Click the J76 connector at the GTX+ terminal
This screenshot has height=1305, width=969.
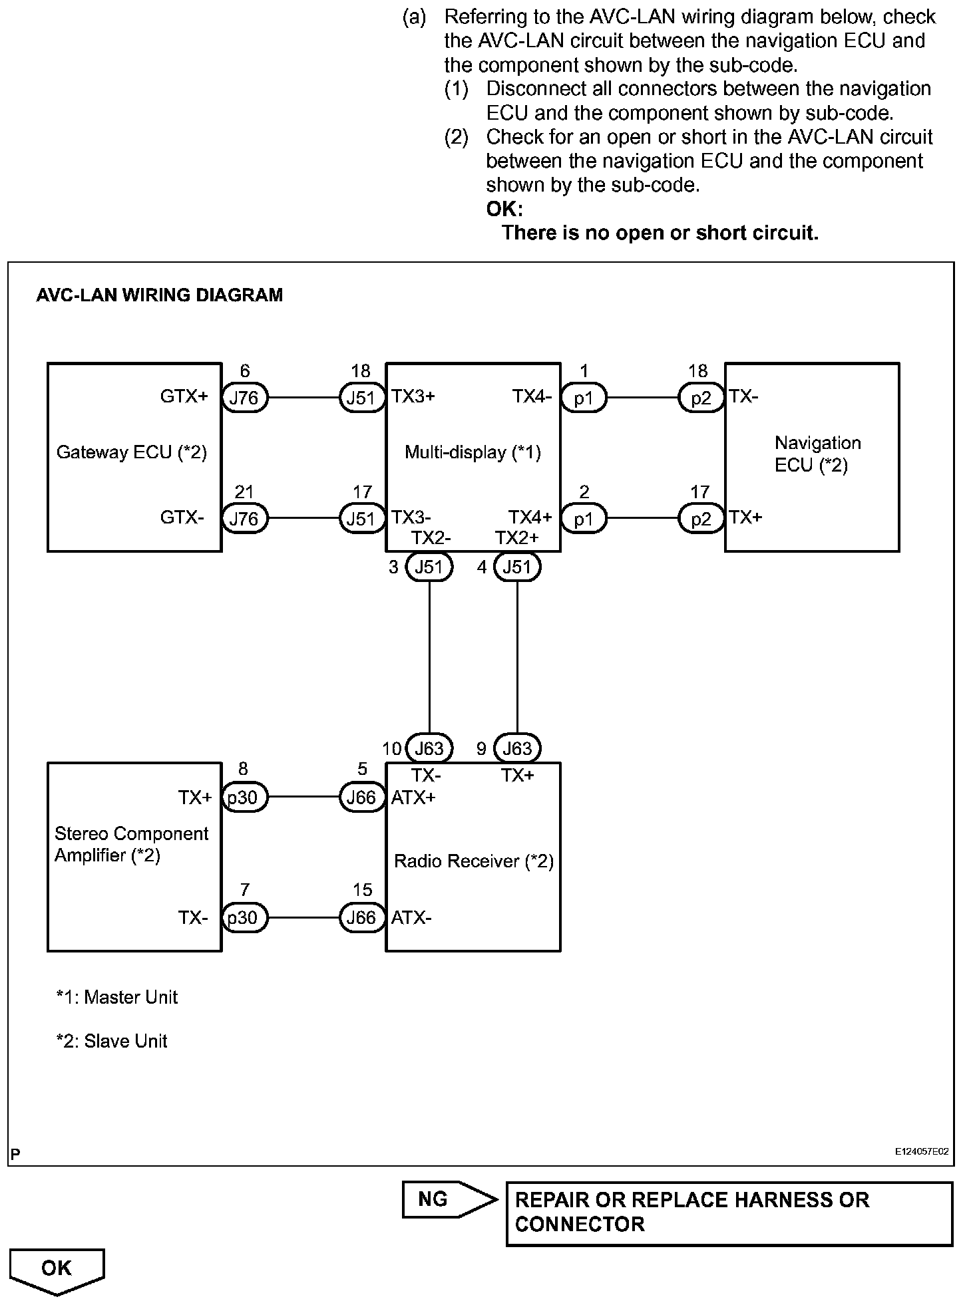(x=244, y=398)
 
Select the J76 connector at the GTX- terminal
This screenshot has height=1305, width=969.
(x=244, y=518)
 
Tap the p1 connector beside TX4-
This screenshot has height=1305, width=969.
(x=584, y=398)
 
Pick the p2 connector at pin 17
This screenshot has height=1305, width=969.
(x=701, y=518)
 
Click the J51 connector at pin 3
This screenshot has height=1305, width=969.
(x=429, y=567)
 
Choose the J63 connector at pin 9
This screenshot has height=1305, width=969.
(x=517, y=748)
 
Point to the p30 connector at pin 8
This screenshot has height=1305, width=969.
(x=244, y=797)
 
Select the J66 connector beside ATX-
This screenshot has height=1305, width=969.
(x=362, y=918)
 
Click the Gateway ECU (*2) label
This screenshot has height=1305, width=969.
(x=132, y=453)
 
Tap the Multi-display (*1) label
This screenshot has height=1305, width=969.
(x=473, y=453)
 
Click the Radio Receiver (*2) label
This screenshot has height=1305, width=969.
(x=474, y=861)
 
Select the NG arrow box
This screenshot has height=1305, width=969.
(x=448, y=1199)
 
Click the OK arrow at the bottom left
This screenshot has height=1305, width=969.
(x=57, y=1270)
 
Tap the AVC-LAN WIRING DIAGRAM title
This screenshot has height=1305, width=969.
(x=160, y=295)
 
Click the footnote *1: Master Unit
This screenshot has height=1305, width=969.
(x=117, y=997)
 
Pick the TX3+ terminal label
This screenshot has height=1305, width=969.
(x=413, y=396)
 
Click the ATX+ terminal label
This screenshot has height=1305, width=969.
(x=413, y=797)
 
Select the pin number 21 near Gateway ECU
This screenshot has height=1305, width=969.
(x=244, y=492)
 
